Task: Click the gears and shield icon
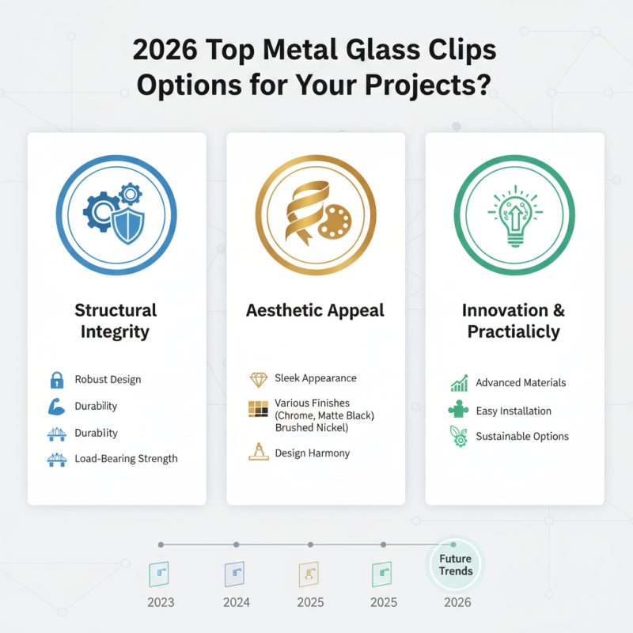click(116, 213)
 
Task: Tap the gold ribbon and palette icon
click(316, 213)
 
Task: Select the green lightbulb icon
click(514, 213)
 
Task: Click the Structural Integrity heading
click(116, 320)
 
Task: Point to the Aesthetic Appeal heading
click(316, 310)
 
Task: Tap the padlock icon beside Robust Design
click(56, 380)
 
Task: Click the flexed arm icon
click(56, 407)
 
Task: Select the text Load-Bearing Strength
click(126, 458)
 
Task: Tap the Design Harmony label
click(312, 453)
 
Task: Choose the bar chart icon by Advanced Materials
click(458, 384)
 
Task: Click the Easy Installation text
click(514, 411)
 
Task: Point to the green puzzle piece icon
click(458, 411)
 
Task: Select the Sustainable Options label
click(521, 436)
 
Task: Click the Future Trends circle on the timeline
click(455, 566)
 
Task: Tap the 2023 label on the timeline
click(161, 602)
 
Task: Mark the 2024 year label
click(237, 602)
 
